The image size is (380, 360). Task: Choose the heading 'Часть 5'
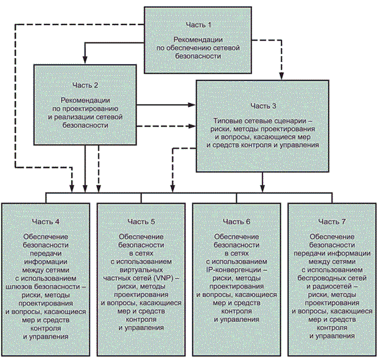(143, 221)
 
